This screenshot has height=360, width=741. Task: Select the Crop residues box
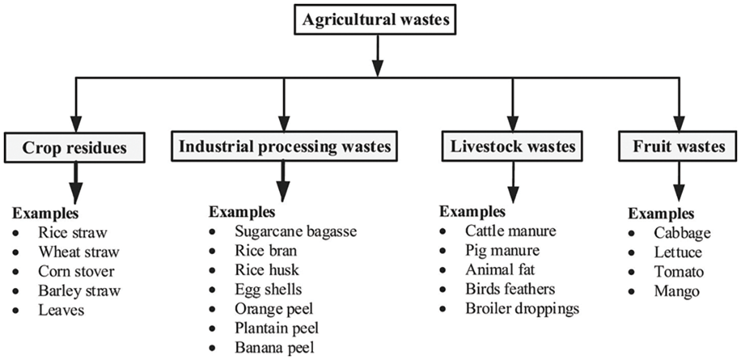coord(75,148)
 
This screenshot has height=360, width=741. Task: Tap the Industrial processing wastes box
coord(285,146)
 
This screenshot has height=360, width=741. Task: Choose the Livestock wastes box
coord(513,146)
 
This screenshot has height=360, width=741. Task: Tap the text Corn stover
coord(76,272)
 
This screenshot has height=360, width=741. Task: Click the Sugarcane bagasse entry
coord(295,231)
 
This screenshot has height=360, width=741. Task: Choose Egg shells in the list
coord(268,289)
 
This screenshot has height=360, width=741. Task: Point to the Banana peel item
coord(273,347)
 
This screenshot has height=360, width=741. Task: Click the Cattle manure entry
coord(510,230)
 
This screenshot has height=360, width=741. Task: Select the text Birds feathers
coord(510,289)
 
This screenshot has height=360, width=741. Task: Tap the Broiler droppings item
coord(522,308)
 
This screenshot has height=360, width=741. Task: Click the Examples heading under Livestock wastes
coord(472,212)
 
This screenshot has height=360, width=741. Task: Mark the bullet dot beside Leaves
coord(23,310)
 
